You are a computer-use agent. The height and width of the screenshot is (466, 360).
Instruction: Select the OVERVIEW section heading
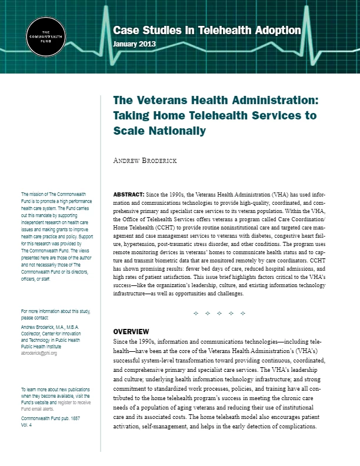pos(131,331)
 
